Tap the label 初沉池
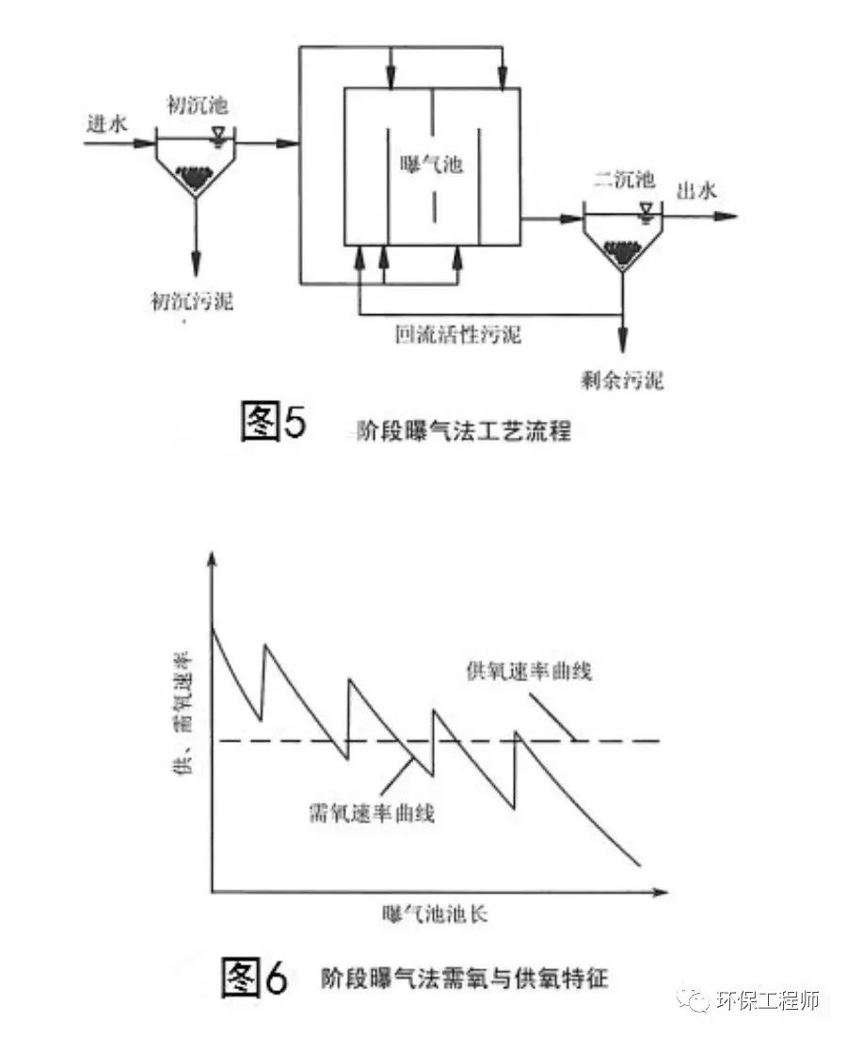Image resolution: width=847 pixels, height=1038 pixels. tap(195, 105)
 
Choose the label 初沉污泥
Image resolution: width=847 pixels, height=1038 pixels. tap(193, 301)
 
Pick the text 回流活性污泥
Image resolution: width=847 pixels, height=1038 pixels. tap(460, 334)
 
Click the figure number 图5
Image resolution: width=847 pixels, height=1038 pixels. tap(274, 423)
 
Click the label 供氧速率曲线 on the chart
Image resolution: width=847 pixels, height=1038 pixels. tap(529, 672)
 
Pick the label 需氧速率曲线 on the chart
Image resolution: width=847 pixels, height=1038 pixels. tap(371, 811)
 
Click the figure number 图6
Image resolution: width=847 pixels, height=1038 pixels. tap(253, 978)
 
